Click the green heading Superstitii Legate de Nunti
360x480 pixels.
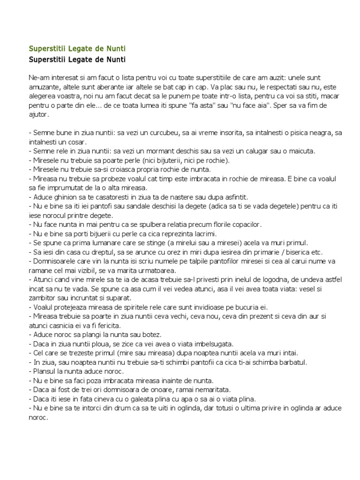[x=77, y=48]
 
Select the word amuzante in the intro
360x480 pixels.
[x=43, y=86]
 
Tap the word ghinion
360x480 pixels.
[x=61, y=196]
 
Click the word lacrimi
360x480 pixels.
[x=217, y=233]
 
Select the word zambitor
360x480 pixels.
[x=45, y=297]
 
